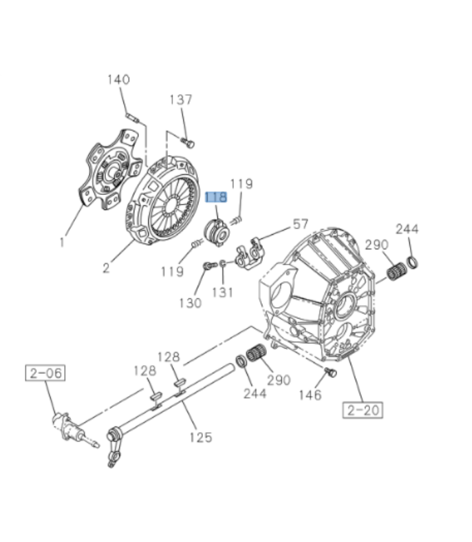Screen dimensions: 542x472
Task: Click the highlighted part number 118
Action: point(216,198)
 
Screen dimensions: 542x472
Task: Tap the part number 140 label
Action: point(118,80)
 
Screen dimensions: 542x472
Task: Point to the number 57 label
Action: point(301,224)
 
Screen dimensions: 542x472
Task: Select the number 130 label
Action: point(191,302)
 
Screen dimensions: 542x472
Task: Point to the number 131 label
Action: point(222,292)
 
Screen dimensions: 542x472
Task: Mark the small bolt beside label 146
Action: point(330,373)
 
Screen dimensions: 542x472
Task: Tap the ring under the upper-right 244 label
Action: point(412,262)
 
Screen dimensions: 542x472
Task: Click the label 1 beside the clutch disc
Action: point(61,242)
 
